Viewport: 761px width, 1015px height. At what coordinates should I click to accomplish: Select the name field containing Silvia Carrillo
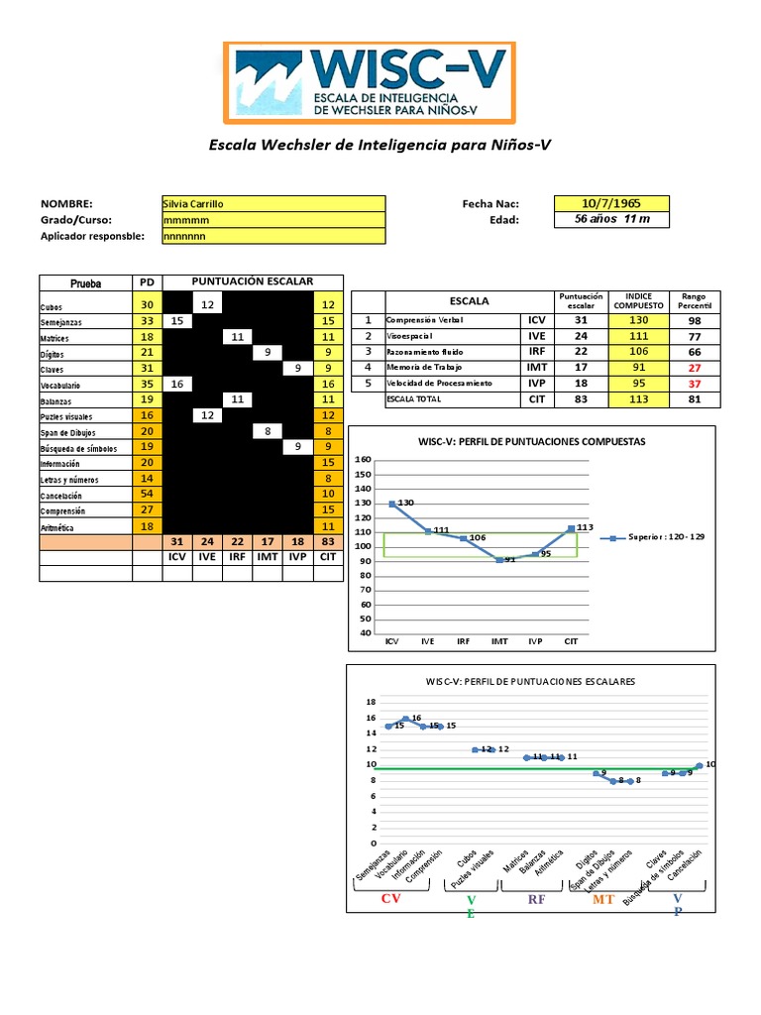(272, 203)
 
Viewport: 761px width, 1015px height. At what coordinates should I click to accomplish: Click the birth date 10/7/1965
(611, 203)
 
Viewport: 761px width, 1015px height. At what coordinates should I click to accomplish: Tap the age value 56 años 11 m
(611, 219)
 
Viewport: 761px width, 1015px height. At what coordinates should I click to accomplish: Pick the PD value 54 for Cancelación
(147, 494)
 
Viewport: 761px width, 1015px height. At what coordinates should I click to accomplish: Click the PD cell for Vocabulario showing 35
(147, 383)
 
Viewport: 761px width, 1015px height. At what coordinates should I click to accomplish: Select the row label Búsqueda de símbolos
(78, 448)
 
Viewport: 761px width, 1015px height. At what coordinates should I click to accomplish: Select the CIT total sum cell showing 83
(328, 542)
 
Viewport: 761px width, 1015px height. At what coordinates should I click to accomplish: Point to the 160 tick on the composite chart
(362, 460)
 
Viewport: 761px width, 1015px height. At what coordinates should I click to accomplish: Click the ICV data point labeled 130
(391, 504)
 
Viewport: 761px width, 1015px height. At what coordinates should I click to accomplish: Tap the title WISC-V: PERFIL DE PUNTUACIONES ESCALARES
(530, 682)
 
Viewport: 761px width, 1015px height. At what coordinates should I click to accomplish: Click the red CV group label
(392, 899)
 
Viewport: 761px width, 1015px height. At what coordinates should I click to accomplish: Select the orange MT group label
(603, 899)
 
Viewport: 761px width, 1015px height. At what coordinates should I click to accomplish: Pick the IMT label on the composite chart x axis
(499, 641)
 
